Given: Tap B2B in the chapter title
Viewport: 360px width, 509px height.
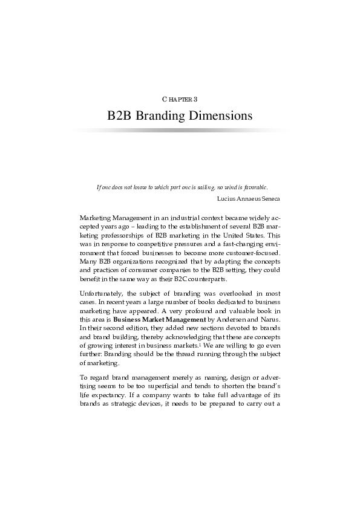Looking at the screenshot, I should (x=120, y=115).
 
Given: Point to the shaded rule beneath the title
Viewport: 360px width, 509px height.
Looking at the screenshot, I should (x=180, y=129).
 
